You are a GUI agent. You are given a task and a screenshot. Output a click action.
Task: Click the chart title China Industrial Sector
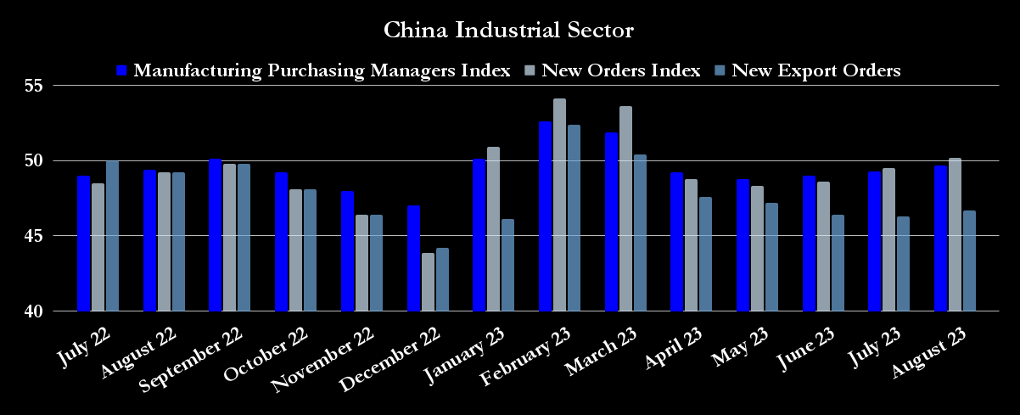pos(509,31)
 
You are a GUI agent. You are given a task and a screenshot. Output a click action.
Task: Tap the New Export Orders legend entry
pos(815,70)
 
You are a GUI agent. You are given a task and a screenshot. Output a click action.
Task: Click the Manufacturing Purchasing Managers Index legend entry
pos(322,70)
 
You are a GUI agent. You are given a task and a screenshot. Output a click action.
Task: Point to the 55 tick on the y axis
pos(36,86)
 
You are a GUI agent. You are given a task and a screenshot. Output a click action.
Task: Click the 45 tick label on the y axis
pos(36,236)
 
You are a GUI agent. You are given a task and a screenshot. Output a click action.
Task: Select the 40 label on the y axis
pos(36,311)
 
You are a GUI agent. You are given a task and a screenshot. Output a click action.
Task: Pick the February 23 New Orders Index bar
pos(559,205)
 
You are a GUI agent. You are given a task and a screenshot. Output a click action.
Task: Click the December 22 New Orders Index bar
pos(428,282)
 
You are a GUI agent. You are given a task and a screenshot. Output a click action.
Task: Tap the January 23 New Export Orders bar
pos(507,265)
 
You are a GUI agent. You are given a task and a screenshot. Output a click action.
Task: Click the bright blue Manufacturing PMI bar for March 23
pos(611,222)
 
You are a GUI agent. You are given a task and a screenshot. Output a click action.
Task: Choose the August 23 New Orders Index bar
pos(955,234)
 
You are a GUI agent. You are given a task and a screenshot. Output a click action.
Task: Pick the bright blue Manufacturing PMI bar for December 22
pos(413,258)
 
